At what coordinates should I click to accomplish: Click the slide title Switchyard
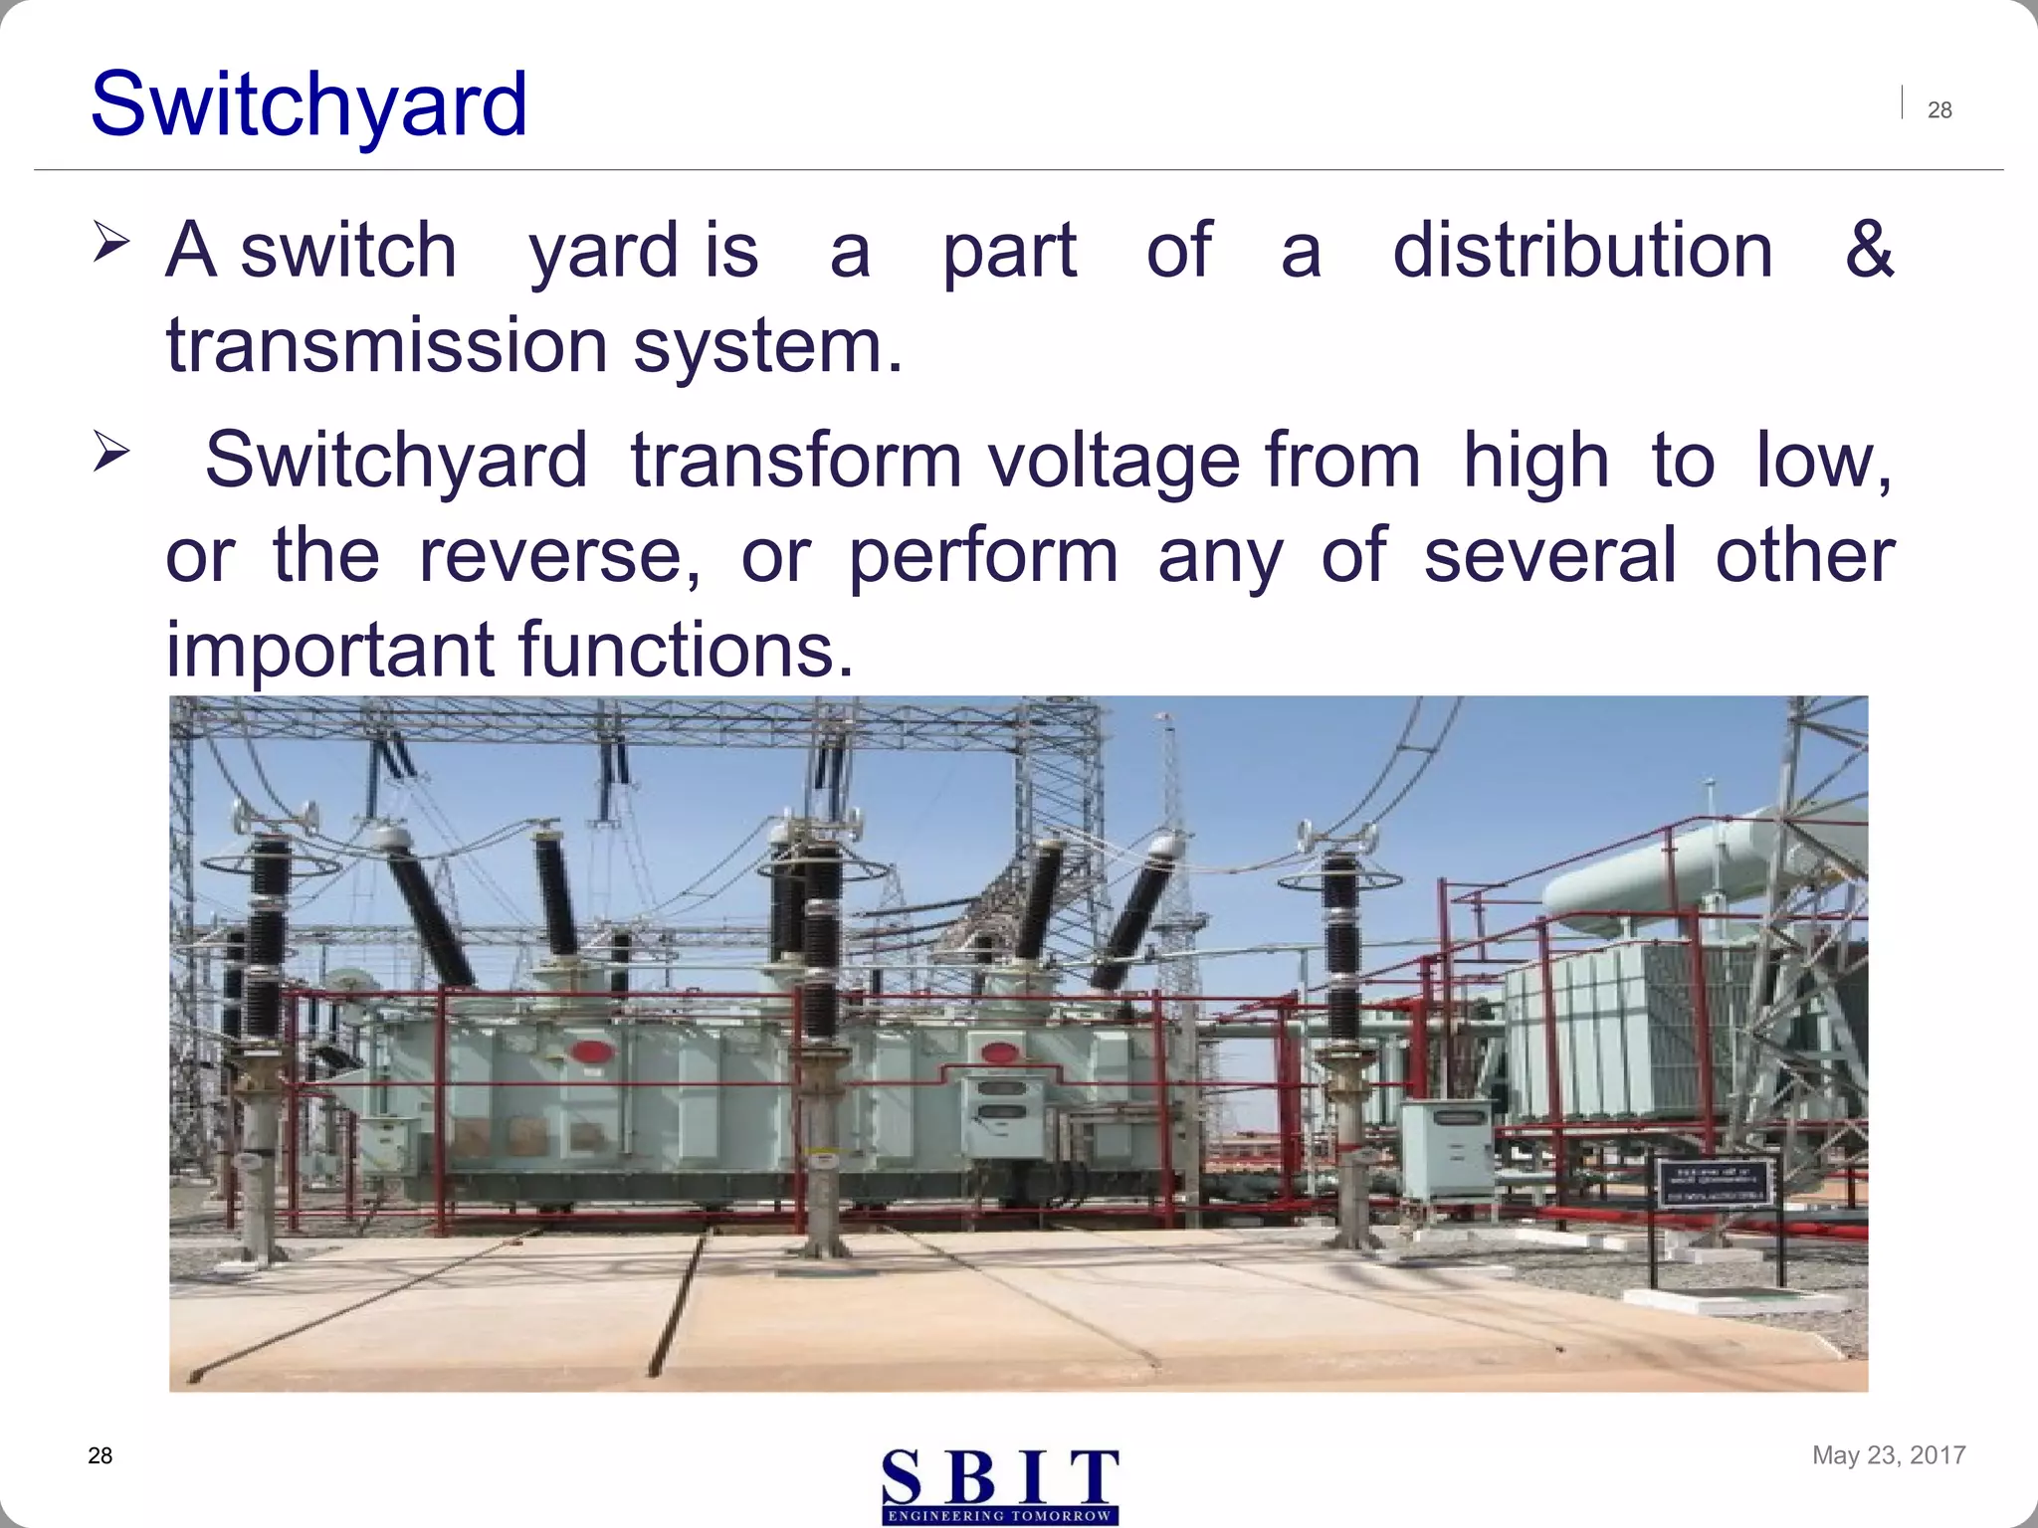pyautogui.click(x=308, y=104)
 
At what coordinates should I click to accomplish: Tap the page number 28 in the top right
pyautogui.click(x=1939, y=110)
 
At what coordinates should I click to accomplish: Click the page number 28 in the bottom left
pyautogui.click(x=101, y=1456)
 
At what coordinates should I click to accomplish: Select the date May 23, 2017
pyautogui.click(x=1889, y=1455)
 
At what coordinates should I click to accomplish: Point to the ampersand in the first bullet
pyautogui.click(x=1868, y=250)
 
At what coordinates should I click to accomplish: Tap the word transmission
pyautogui.click(x=387, y=345)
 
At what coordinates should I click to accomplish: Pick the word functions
pyautogui.click(x=687, y=650)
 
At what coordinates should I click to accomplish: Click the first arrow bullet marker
pyautogui.click(x=110, y=243)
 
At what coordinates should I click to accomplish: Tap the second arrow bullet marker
pyautogui.click(x=110, y=453)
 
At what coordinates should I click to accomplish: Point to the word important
pyautogui.click(x=329, y=650)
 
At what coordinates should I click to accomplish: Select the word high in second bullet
pyautogui.click(x=1535, y=461)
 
